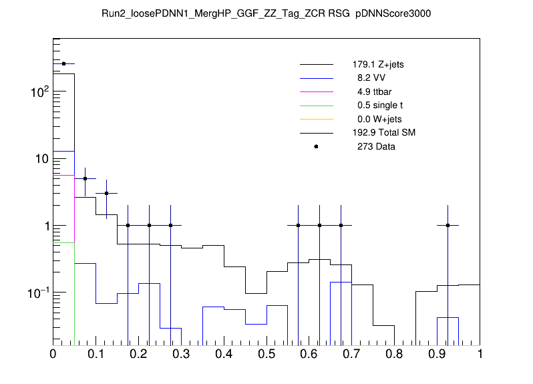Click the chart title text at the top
266,14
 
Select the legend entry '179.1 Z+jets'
378,65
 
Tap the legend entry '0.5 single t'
377,106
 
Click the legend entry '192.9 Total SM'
384,133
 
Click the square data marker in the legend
316,146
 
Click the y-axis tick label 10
37,159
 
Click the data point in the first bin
63,64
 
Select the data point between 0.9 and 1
448,226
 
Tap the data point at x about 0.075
85,179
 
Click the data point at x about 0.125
106,194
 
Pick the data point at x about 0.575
299,226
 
